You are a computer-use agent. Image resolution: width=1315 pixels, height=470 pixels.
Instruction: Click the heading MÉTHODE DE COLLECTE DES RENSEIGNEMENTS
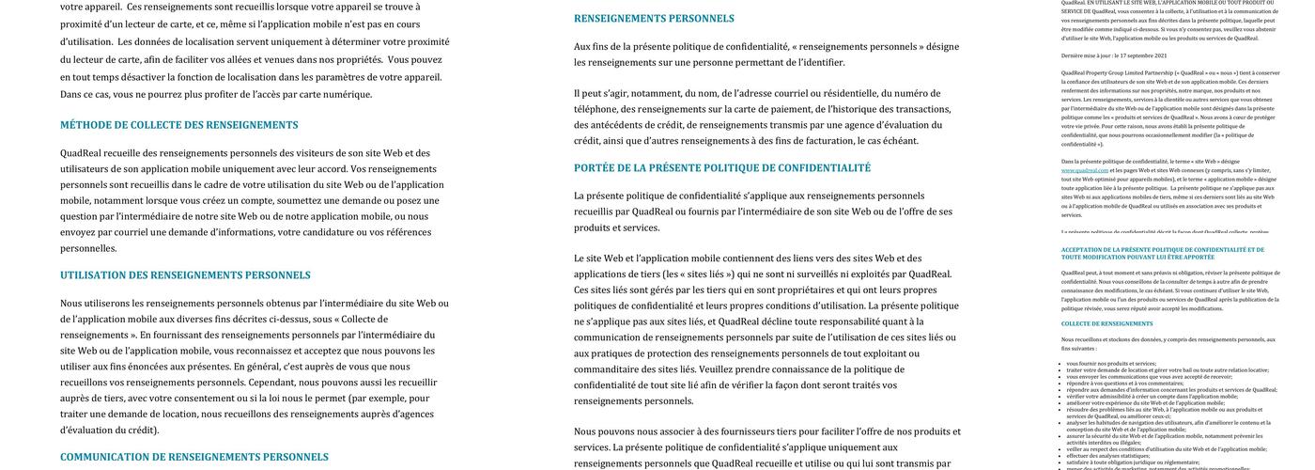click(179, 125)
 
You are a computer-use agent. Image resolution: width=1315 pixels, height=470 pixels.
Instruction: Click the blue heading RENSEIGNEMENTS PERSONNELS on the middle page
click(654, 19)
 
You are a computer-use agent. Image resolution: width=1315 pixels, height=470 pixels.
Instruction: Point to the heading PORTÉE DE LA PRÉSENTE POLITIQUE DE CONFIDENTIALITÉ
click(722, 168)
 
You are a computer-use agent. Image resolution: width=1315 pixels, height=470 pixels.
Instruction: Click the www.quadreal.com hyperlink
click(1085, 170)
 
